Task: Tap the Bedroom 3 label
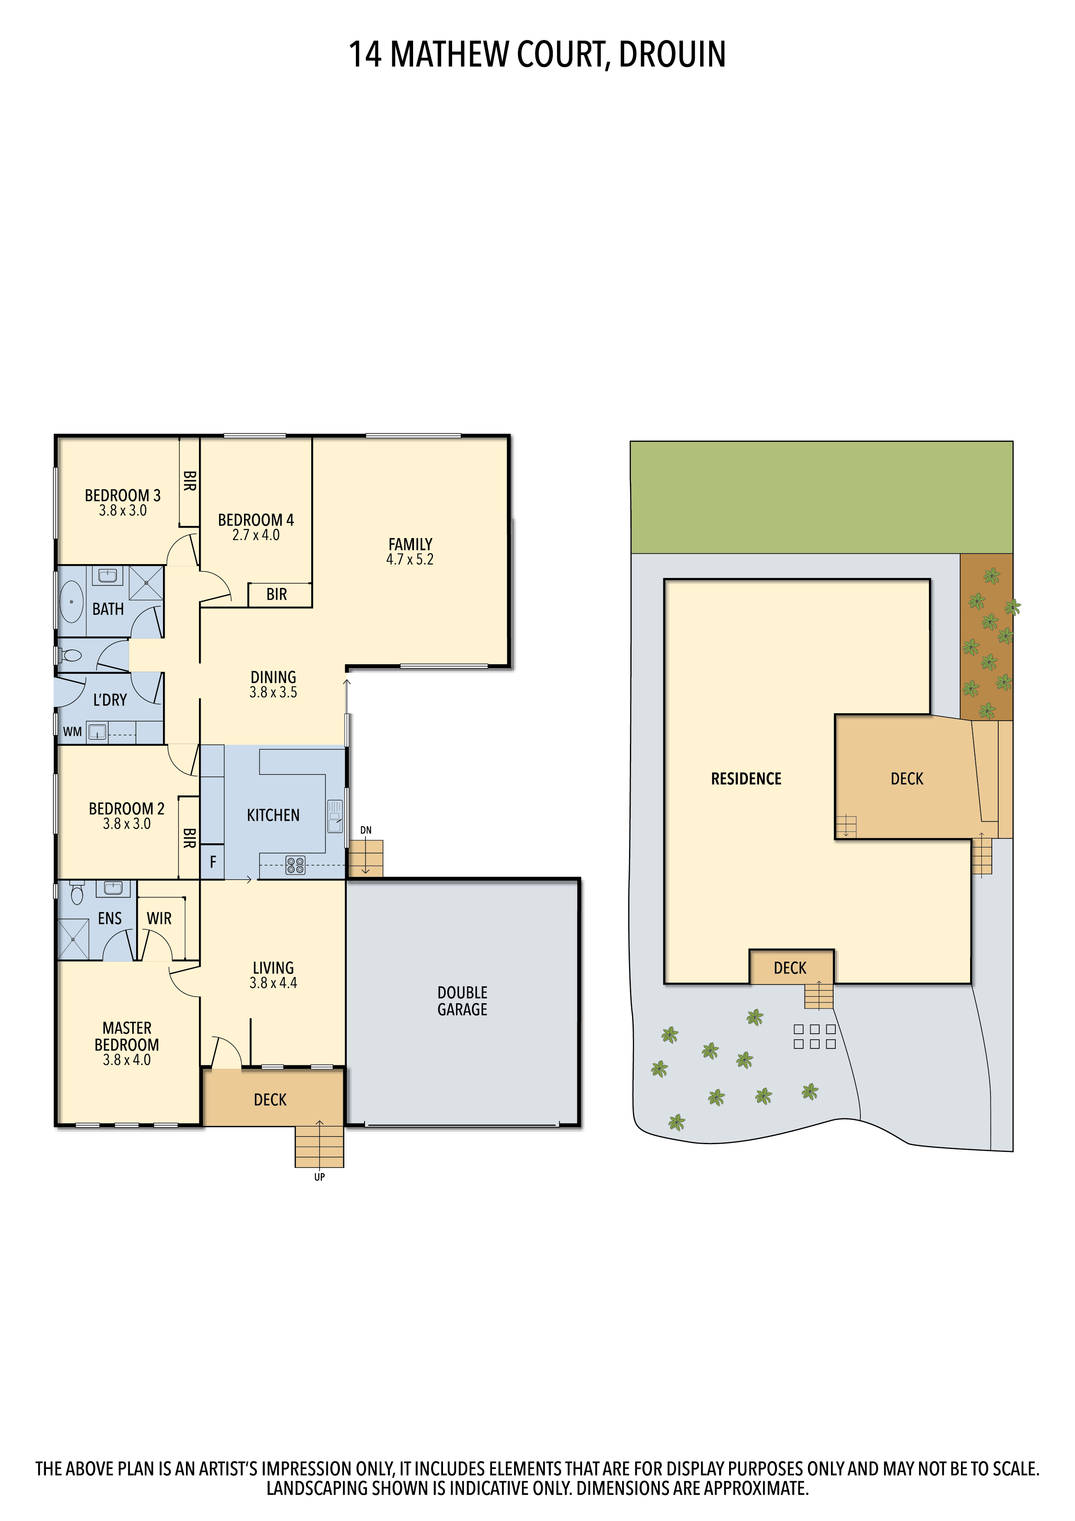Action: (x=123, y=496)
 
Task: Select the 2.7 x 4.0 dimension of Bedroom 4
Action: (x=256, y=535)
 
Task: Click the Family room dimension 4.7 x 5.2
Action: (x=410, y=560)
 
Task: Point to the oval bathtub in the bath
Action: (x=72, y=601)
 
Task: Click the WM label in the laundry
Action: (x=72, y=732)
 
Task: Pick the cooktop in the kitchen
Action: (x=296, y=865)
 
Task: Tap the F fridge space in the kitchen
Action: (x=212, y=862)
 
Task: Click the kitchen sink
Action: (x=335, y=816)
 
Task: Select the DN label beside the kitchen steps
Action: (x=365, y=830)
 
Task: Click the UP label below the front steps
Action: (x=319, y=1177)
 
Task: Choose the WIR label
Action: (x=159, y=918)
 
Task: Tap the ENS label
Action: (x=110, y=918)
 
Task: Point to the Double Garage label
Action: (x=463, y=1001)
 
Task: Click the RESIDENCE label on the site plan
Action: (x=746, y=779)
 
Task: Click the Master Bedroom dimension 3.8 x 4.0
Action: (x=127, y=1060)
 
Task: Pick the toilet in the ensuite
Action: (x=77, y=893)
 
